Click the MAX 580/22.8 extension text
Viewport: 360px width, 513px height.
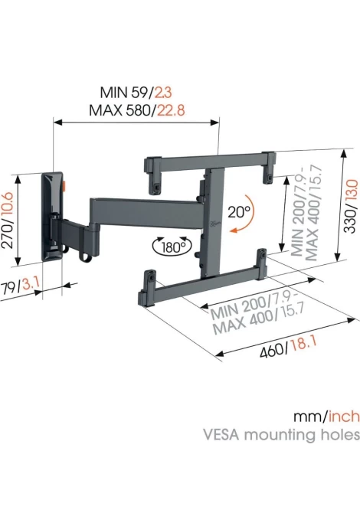[x=137, y=110]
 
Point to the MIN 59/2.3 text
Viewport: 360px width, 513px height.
[x=136, y=92]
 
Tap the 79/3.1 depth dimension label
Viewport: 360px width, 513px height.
[x=21, y=288]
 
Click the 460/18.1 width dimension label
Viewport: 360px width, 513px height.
[x=288, y=348]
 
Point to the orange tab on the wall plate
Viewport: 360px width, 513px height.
[x=64, y=186]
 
